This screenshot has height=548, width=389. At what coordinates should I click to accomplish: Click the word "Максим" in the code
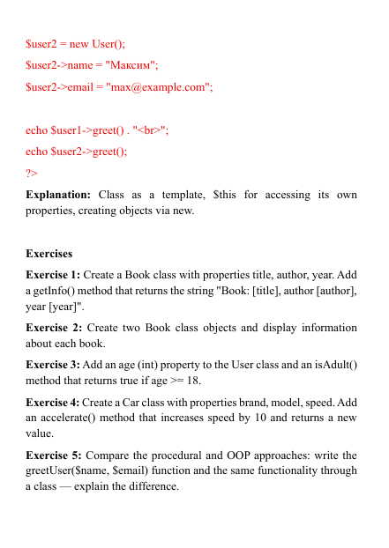[131, 65]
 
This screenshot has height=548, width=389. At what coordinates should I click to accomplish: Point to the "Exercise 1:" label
[53, 275]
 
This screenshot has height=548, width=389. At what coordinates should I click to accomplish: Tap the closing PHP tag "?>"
[32, 173]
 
